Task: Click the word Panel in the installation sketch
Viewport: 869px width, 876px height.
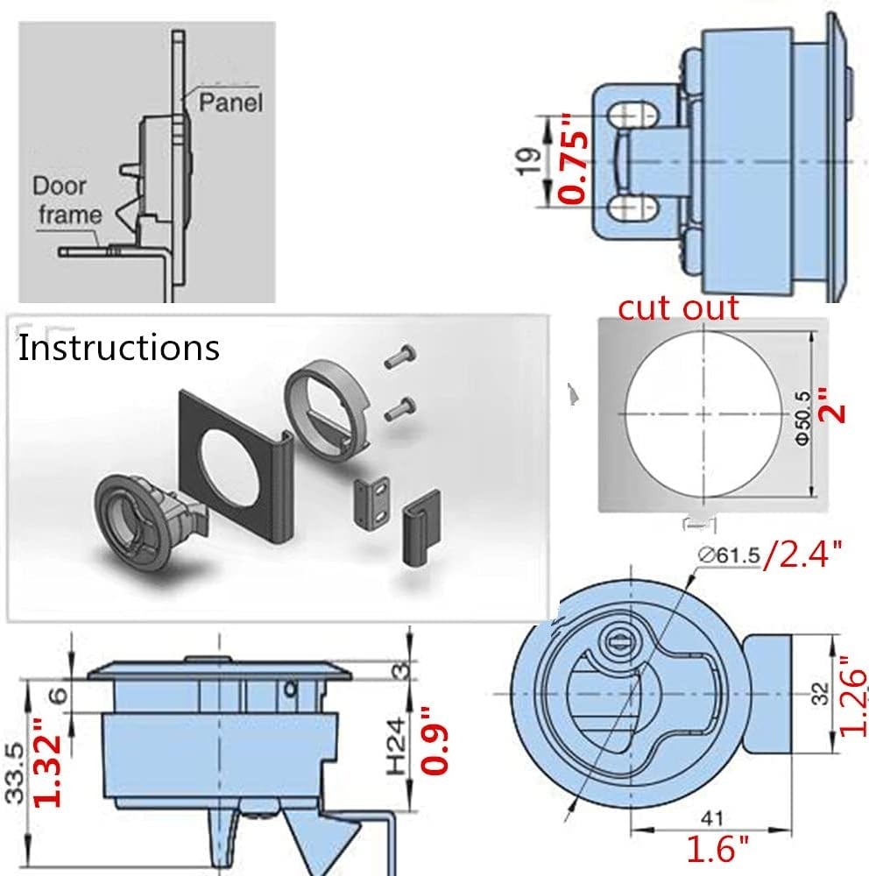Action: (x=230, y=102)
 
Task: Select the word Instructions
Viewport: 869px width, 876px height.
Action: (x=119, y=348)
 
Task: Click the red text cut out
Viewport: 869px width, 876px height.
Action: (x=678, y=307)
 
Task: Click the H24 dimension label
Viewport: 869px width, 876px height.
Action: (x=397, y=746)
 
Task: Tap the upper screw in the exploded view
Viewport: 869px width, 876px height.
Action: (x=399, y=357)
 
